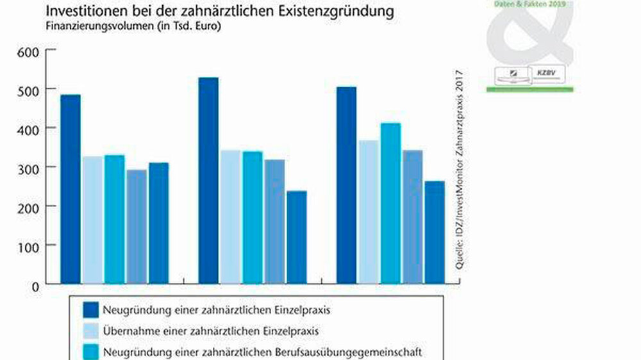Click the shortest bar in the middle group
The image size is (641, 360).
coord(297,236)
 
